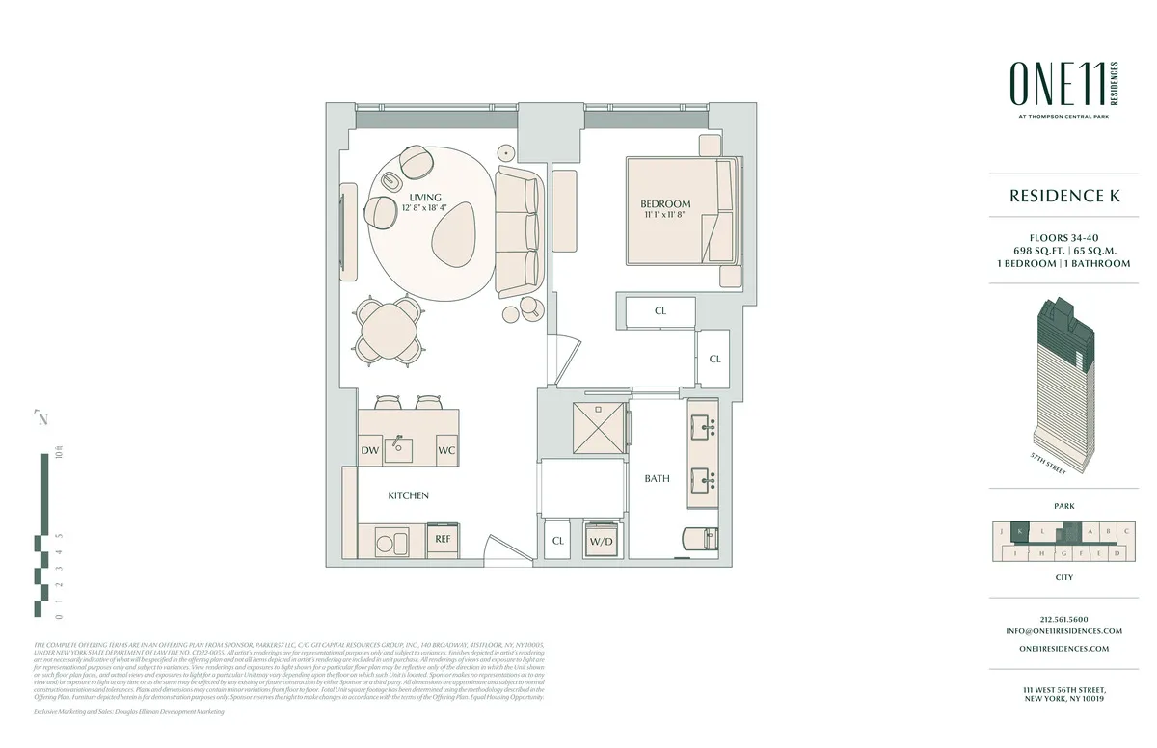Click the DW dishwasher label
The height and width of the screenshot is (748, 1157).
[370, 450]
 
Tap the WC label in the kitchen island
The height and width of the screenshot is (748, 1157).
[446, 450]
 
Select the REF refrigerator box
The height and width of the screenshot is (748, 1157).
[444, 540]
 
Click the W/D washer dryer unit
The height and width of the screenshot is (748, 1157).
[602, 540]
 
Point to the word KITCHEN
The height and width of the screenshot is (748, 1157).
[408, 495]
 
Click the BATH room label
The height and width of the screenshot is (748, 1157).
[657, 478]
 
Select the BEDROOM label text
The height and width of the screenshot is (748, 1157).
[665, 204]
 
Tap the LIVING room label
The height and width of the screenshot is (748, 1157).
[424, 198]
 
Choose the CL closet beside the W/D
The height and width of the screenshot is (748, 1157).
[557, 541]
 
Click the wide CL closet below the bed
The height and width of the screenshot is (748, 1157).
[659, 311]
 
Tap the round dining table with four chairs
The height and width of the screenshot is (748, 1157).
[390, 329]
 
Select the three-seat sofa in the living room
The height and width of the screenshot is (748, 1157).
[519, 229]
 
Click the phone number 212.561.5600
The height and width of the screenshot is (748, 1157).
[1064, 619]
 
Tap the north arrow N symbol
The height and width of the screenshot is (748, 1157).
[41, 418]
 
